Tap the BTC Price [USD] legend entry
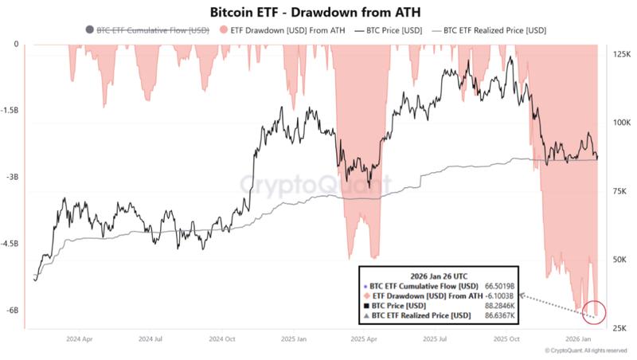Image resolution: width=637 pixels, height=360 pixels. point(393,29)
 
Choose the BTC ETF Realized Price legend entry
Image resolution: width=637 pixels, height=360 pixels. point(490,29)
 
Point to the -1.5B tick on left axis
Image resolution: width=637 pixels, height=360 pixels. point(11,111)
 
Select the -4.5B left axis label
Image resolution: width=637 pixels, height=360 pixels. point(11,245)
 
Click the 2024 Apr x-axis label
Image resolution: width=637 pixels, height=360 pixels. point(82,338)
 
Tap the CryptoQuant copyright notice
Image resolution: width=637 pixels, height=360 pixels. point(585,350)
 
